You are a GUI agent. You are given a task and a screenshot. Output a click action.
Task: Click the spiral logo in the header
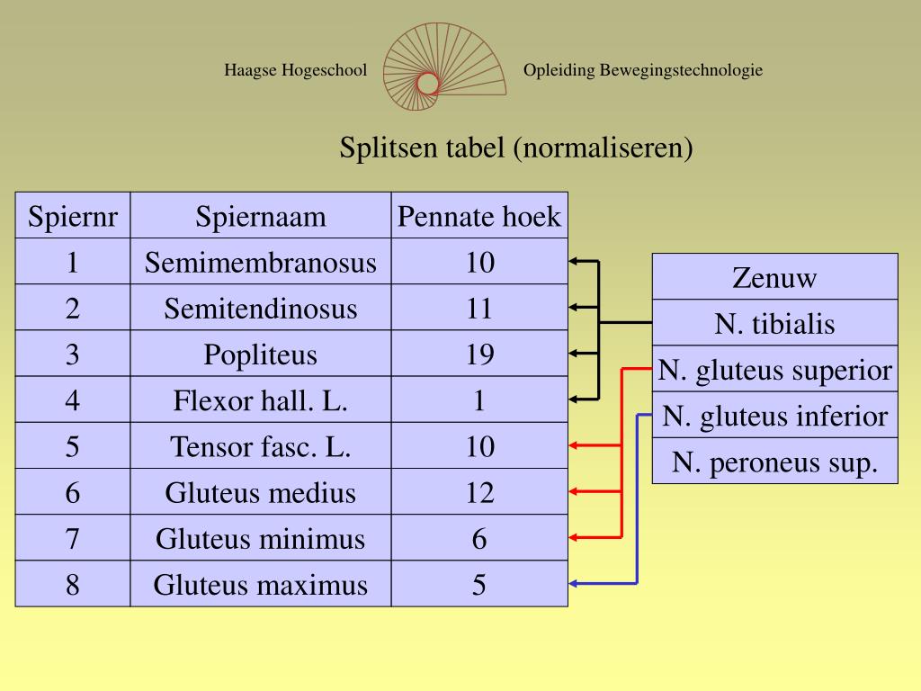click(x=428, y=69)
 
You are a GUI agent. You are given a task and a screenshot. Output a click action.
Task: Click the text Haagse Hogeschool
click(x=296, y=70)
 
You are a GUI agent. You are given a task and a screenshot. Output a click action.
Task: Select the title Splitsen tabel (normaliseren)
click(x=516, y=147)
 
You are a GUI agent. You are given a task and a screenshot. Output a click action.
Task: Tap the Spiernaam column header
click(x=261, y=216)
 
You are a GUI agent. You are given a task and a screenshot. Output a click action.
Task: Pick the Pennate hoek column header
click(x=479, y=216)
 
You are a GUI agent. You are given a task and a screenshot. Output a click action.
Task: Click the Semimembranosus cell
click(x=261, y=263)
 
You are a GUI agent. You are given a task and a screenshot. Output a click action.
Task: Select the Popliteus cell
click(x=261, y=354)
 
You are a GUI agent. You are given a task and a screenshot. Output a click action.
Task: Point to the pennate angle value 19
click(x=479, y=354)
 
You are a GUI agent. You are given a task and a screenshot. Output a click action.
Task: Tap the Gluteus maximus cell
click(x=261, y=585)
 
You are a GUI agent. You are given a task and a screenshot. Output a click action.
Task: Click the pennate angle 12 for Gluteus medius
click(x=479, y=492)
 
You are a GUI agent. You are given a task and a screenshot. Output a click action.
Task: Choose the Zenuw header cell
click(x=774, y=277)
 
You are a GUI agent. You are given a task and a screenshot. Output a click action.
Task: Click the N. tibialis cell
click(x=774, y=323)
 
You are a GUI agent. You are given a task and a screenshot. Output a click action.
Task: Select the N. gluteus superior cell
click(x=774, y=370)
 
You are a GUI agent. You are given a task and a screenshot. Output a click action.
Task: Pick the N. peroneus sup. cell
click(x=774, y=462)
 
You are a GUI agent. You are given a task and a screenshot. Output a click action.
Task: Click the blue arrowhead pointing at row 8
click(x=574, y=584)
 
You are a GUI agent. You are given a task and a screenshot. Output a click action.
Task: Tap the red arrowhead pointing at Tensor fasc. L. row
click(x=574, y=445)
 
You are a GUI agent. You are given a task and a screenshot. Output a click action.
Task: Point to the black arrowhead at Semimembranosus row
click(x=574, y=262)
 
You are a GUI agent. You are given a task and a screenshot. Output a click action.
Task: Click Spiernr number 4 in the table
click(x=73, y=400)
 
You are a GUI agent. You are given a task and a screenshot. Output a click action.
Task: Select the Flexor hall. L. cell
click(x=261, y=400)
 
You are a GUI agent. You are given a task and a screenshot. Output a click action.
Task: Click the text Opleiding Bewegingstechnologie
click(x=643, y=70)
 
